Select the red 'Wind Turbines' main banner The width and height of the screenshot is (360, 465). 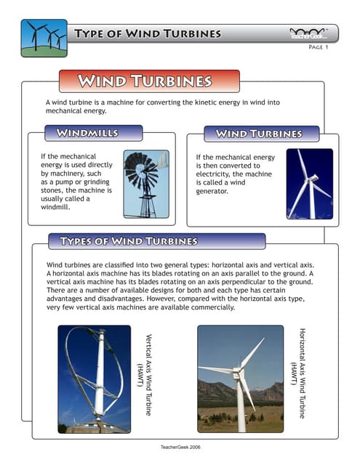(148, 81)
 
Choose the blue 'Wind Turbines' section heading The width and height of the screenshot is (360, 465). (258, 134)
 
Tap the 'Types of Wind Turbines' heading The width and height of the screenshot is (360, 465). (128, 241)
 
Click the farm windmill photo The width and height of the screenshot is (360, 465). (145, 184)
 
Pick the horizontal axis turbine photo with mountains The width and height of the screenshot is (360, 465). (240, 379)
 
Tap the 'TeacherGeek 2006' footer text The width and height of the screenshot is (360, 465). (180, 447)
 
